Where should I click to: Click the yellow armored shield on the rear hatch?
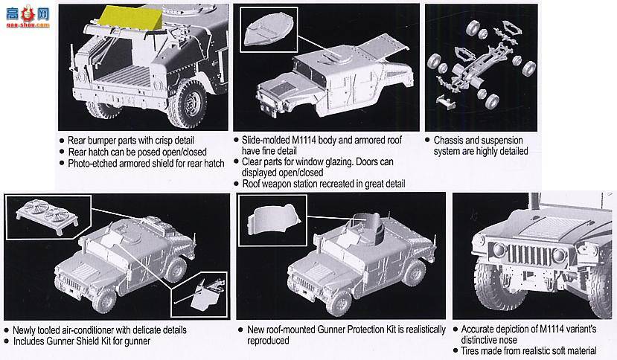[x=130, y=18]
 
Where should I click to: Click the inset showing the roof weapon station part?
[x=269, y=30]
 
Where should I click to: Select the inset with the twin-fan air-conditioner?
[x=48, y=217]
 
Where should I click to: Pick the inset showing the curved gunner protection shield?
[x=272, y=220]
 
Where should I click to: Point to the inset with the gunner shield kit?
[x=199, y=294]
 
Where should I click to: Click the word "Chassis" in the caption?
[x=448, y=141]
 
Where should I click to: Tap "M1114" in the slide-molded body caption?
[x=304, y=140]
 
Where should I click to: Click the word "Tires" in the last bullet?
[x=471, y=350]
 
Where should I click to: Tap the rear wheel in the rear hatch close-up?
[x=188, y=104]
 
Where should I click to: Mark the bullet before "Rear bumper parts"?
[x=62, y=141]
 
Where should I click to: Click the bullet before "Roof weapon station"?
[x=236, y=183]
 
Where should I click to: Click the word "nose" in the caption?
[x=507, y=341]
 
